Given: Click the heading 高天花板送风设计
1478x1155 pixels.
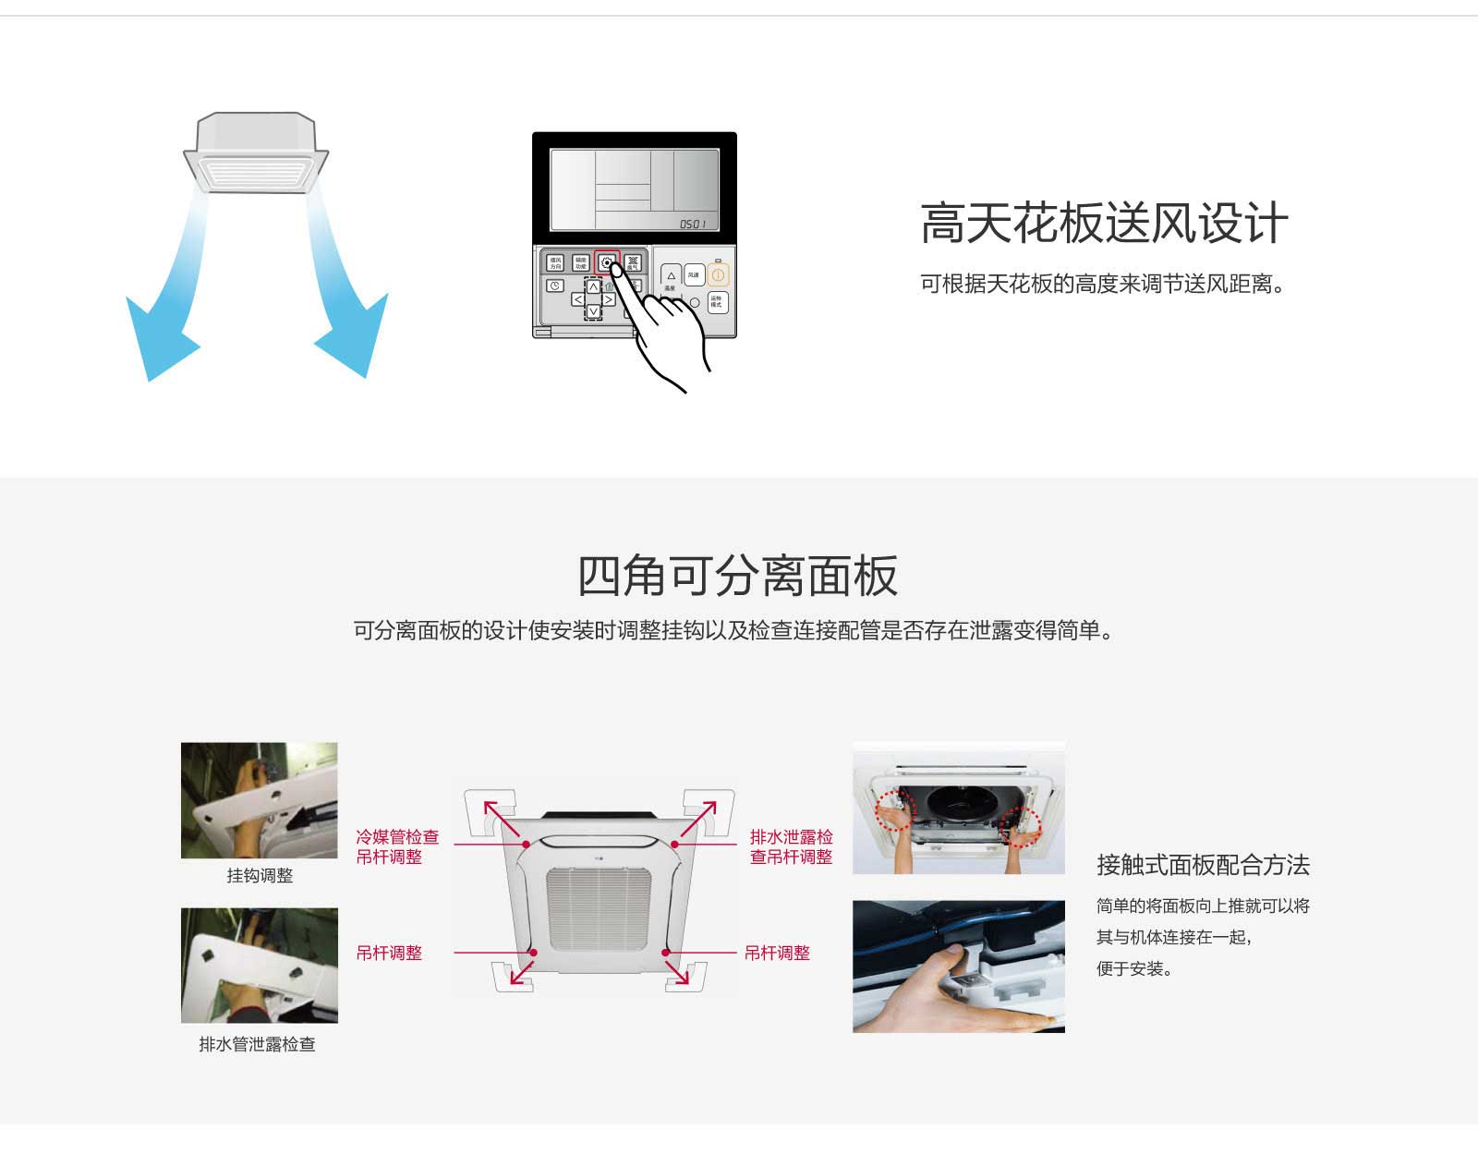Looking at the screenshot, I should (x=1104, y=224).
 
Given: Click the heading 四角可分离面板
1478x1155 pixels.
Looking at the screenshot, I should (x=737, y=577).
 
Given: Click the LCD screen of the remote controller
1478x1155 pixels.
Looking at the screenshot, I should (x=634, y=189).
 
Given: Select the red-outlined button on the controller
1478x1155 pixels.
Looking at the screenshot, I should (x=606, y=262).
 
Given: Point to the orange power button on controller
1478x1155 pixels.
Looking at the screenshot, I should (x=718, y=274).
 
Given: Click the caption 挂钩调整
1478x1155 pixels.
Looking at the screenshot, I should (x=260, y=876).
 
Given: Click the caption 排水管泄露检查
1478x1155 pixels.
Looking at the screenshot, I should (x=257, y=1044).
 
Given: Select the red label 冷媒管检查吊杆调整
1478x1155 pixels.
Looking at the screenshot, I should (x=397, y=846).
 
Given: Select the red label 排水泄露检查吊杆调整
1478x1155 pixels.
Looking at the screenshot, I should (x=791, y=846).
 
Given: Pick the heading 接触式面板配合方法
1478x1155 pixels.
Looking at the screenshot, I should (x=1203, y=865).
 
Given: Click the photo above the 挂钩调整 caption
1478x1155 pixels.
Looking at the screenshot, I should (x=260, y=800).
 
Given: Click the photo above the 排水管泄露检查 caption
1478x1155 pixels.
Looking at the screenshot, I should (x=260, y=965).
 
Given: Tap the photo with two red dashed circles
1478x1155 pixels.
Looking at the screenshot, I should (x=958, y=808).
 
